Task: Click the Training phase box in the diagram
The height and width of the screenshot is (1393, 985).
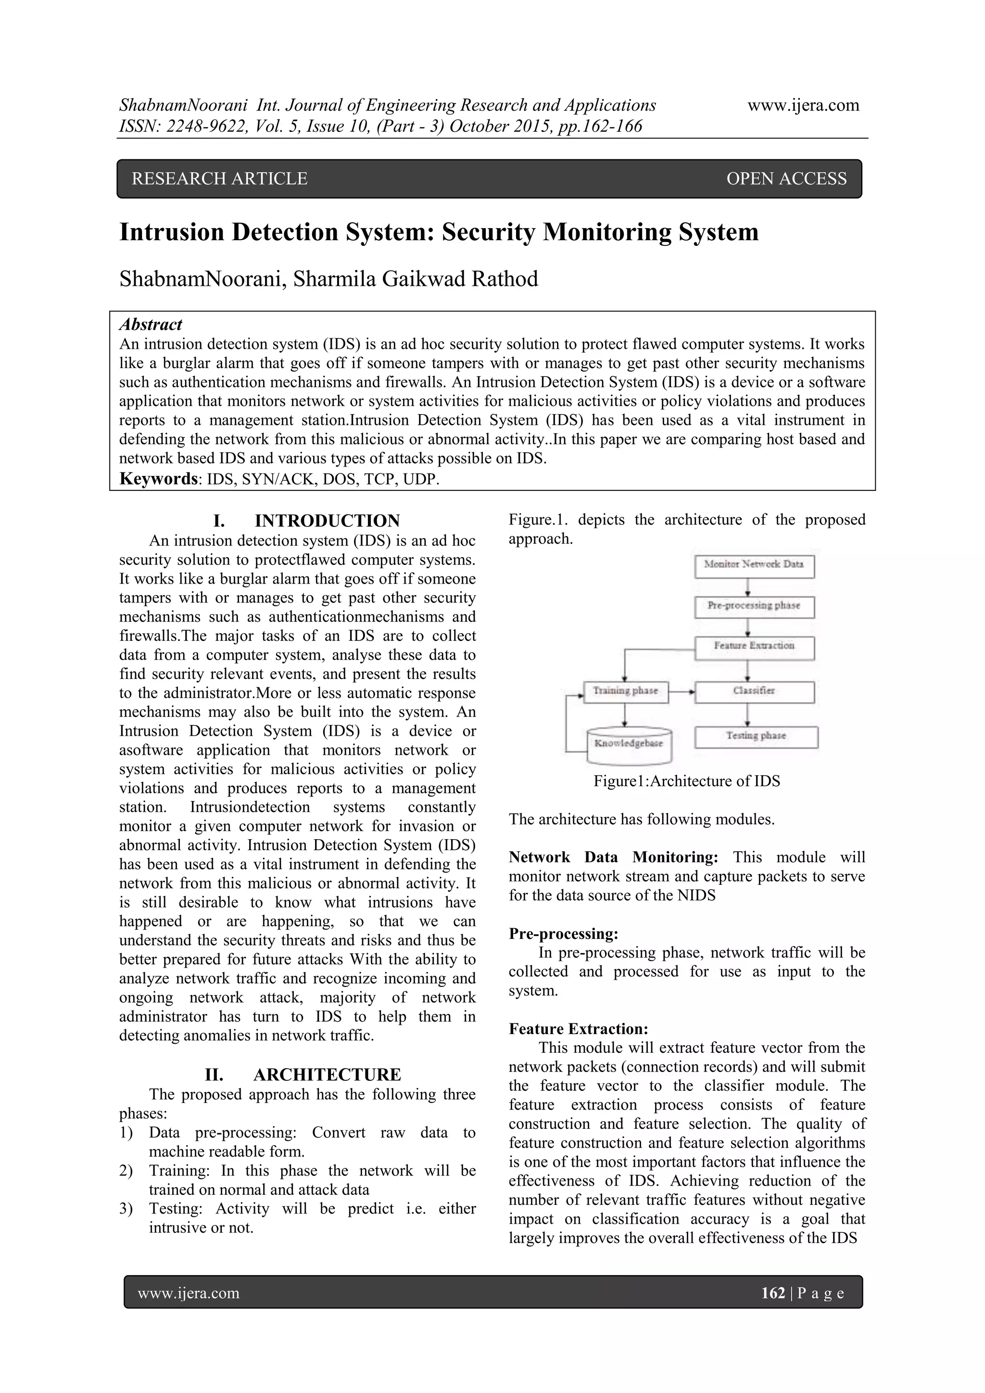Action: (x=625, y=691)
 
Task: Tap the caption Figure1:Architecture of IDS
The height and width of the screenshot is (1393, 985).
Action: (x=687, y=781)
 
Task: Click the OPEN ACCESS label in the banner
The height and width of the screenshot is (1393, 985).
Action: (x=785, y=179)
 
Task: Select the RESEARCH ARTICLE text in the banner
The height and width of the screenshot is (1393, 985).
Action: (x=220, y=179)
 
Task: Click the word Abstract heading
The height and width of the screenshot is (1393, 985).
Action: (x=151, y=325)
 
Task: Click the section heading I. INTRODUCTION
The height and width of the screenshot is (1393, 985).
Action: (x=306, y=521)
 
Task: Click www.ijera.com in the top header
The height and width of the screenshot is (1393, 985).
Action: (x=803, y=105)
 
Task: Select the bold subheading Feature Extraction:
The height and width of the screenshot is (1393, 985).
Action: (x=578, y=1029)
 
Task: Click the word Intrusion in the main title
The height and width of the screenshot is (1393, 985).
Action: (x=172, y=232)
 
